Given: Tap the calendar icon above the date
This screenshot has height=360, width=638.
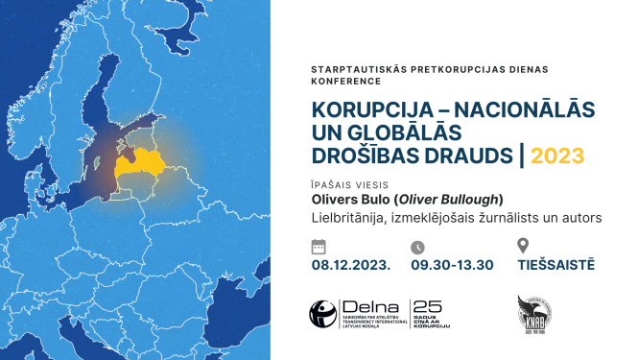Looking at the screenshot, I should pyautogui.click(x=319, y=246).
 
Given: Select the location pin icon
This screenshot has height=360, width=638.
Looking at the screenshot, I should pyautogui.click(x=523, y=246).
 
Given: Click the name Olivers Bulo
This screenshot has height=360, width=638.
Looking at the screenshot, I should pyautogui.click(x=344, y=200).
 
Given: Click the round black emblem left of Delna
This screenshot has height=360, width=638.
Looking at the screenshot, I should pyautogui.click(x=322, y=313).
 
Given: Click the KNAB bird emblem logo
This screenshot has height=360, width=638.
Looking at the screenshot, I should pyautogui.click(x=532, y=314).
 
